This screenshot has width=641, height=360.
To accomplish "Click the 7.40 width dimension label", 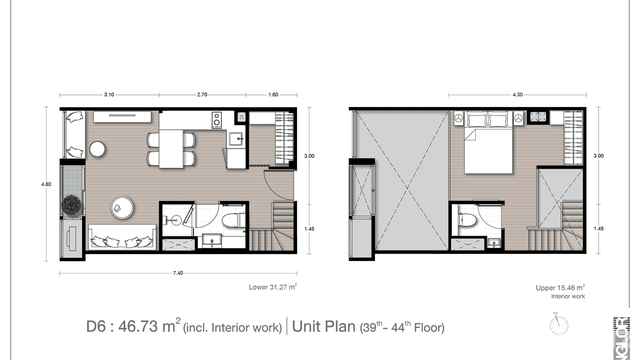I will click(x=178, y=274).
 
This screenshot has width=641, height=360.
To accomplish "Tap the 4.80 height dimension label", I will click(x=46, y=184).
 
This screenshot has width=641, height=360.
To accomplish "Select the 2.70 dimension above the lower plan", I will click(x=202, y=95).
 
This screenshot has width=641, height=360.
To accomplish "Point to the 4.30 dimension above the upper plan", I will click(x=517, y=95).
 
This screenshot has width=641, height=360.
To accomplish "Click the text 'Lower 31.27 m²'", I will click(x=273, y=287).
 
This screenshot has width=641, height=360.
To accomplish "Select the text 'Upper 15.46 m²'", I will click(x=560, y=288).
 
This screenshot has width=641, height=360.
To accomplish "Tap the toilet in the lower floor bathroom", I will click(x=233, y=221).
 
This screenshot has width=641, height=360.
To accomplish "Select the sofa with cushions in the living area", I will click(x=122, y=237).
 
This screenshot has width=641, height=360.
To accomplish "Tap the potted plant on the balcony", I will click(x=71, y=205).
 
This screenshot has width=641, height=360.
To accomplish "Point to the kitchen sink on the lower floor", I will click(x=236, y=139).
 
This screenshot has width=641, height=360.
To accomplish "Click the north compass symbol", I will click(x=558, y=325).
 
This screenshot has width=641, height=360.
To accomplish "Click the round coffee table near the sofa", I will click(x=123, y=208).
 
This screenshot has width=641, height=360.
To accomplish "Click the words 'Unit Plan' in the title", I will click(x=324, y=328).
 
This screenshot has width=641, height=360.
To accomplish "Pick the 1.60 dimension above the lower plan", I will click(x=273, y=95).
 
